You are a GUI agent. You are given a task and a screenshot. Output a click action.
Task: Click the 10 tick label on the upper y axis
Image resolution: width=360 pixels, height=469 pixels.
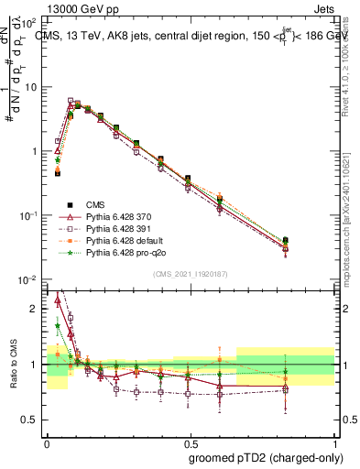point(30,86)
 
